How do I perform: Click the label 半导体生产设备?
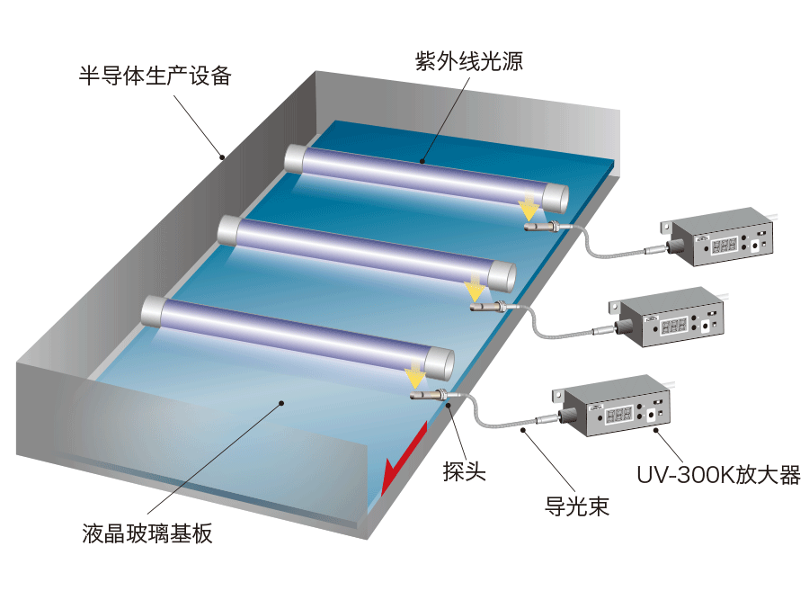pos(155,76)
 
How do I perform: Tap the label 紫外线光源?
pos(469,61)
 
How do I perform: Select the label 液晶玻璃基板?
pos(147,533)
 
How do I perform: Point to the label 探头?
pos(465,471)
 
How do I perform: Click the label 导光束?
pos(577,506)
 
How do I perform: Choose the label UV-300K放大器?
pos(719,475)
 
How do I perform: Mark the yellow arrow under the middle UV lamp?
pos(474,288)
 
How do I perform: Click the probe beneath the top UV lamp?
pos(543,226)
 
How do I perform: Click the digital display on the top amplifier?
pos(725,245)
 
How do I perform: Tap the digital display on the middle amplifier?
pos(674,325)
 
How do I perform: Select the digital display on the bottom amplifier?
pos(618,414)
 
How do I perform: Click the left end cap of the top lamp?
pos(294,158)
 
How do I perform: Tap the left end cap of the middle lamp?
pos(228,230)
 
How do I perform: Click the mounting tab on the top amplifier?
pos(666,227)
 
